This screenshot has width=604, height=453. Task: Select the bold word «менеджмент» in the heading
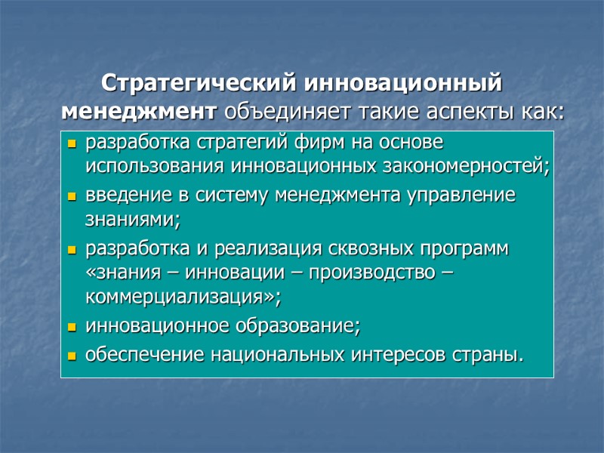coord(139,112)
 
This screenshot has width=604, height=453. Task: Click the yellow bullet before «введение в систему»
coord(72,196)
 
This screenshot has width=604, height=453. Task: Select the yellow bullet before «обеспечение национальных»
coord(72,355)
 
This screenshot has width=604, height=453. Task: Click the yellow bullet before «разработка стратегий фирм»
coord(72,143)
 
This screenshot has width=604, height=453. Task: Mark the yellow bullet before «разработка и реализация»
coord(72,249)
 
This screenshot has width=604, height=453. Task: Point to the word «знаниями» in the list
coord(131,220)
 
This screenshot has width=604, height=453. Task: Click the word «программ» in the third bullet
coord(468,248)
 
